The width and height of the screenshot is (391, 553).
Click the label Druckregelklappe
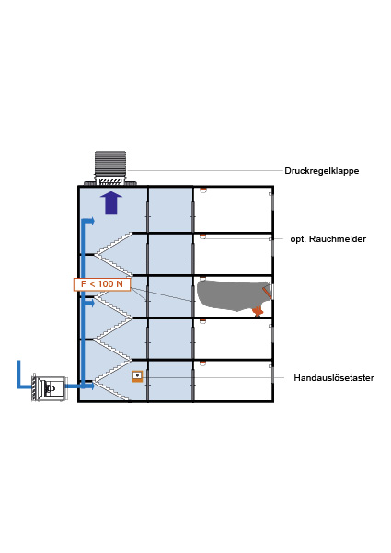322,171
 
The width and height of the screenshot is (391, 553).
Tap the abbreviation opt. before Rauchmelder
298,239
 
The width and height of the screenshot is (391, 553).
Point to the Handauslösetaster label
334,378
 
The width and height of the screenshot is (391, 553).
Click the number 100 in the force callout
106,284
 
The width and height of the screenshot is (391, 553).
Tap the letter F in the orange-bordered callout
83,284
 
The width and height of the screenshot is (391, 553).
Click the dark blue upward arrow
111,202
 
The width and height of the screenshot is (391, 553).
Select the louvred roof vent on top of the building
110,167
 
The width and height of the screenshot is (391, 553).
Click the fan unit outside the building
49,388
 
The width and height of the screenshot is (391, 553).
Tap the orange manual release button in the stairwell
137,376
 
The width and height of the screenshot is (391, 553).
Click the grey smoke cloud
233,294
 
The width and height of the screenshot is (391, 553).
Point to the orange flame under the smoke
259,311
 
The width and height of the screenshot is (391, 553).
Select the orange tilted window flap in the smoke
267,293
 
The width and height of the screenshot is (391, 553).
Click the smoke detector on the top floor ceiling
202,190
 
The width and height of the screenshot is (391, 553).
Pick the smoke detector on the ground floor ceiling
202,363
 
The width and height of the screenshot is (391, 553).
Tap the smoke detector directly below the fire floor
202,321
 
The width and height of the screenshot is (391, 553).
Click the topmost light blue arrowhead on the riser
92,221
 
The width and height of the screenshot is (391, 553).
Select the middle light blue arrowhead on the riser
92,303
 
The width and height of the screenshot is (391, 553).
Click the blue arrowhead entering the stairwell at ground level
91,386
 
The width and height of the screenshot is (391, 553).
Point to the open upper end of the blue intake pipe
18,361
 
